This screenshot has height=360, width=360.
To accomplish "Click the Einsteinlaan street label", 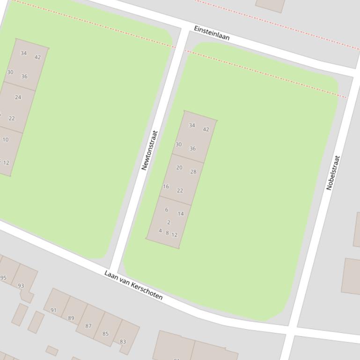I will pyautogui.click(x=212, y=33).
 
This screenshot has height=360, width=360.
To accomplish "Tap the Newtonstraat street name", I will pyautogui.click(x=149, y=150).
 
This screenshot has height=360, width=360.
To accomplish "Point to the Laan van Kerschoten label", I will pyautogui.click(x=133, y=285).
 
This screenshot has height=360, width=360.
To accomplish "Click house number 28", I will pyautogui.click(x=193, y=172).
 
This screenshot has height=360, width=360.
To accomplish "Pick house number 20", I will pyautogui.click(x=179, y=167).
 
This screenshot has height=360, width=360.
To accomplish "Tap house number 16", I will pyautogui.click(x=166, y=187).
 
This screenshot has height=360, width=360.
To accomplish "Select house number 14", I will pyautogui.click(x=181, y=214).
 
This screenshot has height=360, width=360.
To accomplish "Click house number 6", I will pyautogui.click(x=166, y=210).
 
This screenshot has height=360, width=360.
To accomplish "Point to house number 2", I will pyautogui.click(x=169, y=223).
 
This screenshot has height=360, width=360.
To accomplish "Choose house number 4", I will pyautogui.click(x=160, y=231).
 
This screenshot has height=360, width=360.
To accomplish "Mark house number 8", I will pyautogui.click(x=167, y=233).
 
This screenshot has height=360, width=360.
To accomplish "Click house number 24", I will pyautogui.click(x=18, y=97).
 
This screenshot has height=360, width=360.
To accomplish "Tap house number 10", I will pyautogui.click(x=5, y=139).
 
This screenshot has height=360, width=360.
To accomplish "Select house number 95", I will pyautogui.click(x=4, y=278).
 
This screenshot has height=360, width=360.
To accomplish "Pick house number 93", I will pyautogui.click(x=21, y=286).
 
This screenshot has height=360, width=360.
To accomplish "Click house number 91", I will pyautogui.click(x=53, y=310).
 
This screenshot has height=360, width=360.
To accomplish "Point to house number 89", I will pyautogui.click(x=71, y=318).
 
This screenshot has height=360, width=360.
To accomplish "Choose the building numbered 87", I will pyautogui.click(x=88, y=326).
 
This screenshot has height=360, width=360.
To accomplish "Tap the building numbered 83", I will pyautogui.click(x=123, y=342).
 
